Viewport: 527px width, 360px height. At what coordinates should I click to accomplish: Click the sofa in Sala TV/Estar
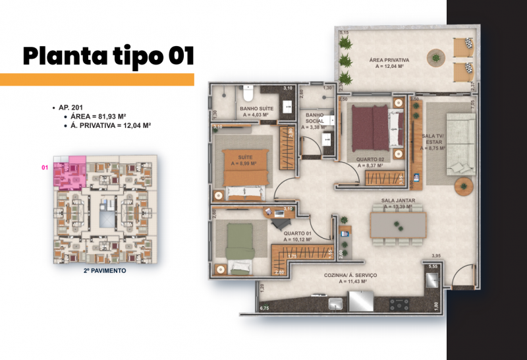460,144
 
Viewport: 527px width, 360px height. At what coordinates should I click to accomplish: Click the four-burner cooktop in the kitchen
399,304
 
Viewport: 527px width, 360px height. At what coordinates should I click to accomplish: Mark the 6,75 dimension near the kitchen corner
265,308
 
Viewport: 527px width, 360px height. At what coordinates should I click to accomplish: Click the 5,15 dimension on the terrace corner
343,32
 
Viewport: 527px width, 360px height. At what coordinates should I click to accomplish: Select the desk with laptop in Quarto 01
279,212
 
